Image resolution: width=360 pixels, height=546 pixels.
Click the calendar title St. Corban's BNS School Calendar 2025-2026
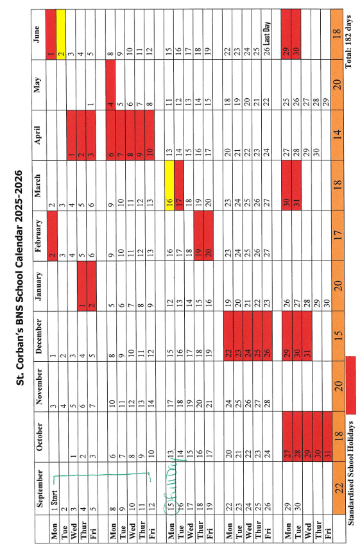20,278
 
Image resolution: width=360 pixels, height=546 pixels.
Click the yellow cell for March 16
169,185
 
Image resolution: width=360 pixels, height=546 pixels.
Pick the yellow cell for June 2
61,34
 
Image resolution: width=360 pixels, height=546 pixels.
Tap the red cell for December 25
257,336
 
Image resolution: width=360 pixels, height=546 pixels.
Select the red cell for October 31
84,437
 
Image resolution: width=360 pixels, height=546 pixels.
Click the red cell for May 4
110,85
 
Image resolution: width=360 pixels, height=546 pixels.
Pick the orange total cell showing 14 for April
338,135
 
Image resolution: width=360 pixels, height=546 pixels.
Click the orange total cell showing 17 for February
338,235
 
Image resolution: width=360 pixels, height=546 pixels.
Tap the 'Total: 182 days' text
350,41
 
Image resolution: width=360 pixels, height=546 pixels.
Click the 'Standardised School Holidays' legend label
350,473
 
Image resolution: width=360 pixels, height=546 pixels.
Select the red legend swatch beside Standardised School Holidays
351,385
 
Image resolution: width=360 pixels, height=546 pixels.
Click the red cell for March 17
179,185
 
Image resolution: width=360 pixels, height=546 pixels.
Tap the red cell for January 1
82,286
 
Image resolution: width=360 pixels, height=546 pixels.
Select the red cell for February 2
52,235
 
